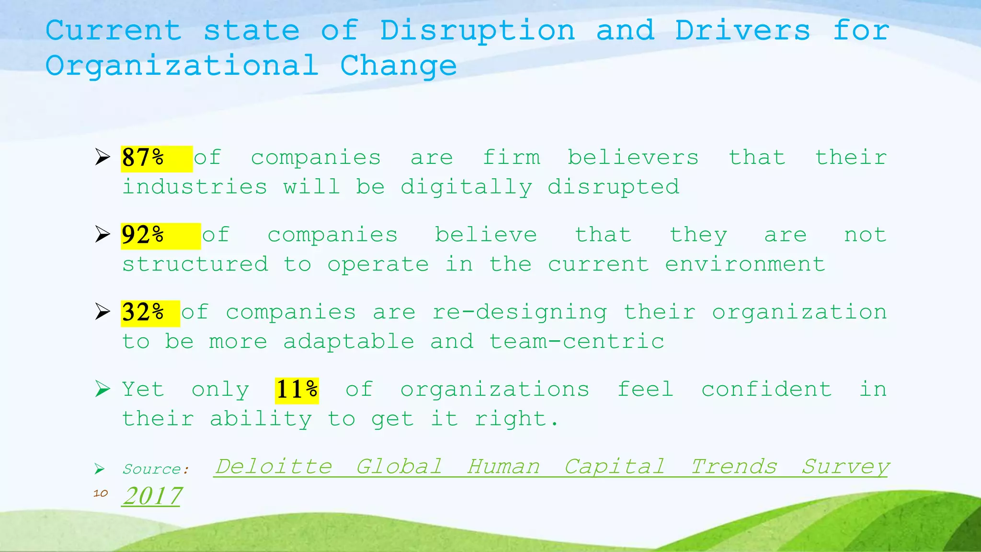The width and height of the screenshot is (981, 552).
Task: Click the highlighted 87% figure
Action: pyautogui.click(x=143, y=158)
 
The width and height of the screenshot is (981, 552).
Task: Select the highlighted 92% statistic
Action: pyautogui.click(x=143, y=235)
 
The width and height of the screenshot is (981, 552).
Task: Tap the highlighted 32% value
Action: pyautogui.click(x=143, y=313)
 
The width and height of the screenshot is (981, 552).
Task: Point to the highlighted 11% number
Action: pyautogui.click(x=297, y=390)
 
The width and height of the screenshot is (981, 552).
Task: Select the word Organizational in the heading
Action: pyautogui.click(x=182, y=66)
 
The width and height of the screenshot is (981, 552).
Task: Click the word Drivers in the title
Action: pyautogui.click(x=742, y=31)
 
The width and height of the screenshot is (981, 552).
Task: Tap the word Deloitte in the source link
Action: pyautogui.click(x=274, y=466)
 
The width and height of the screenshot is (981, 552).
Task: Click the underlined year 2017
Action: pyautogui.click(x=152, y=496)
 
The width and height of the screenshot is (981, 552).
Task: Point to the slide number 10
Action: pyautogui.click(x=100, y=493)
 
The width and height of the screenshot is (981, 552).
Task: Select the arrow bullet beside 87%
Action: pyautogui.click(x=102, y=157)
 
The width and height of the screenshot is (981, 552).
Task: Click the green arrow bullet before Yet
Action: pyautogui.click(x=102, y=389)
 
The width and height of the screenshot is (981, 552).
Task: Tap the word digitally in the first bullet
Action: pyautogui.click(x=466, y=187)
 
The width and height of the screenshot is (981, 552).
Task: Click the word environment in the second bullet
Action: pyautogui.click(x=745, y=264)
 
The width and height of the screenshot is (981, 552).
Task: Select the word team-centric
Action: pyautogui.click(x=576, y=342)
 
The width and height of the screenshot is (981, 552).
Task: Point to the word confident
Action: pyautogui.click(x=766, y=389)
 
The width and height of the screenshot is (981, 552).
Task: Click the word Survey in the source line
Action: pyautogui.click(x=845, y=466)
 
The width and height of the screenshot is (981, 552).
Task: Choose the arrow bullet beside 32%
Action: pyautogui.click(x=102, y=311)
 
